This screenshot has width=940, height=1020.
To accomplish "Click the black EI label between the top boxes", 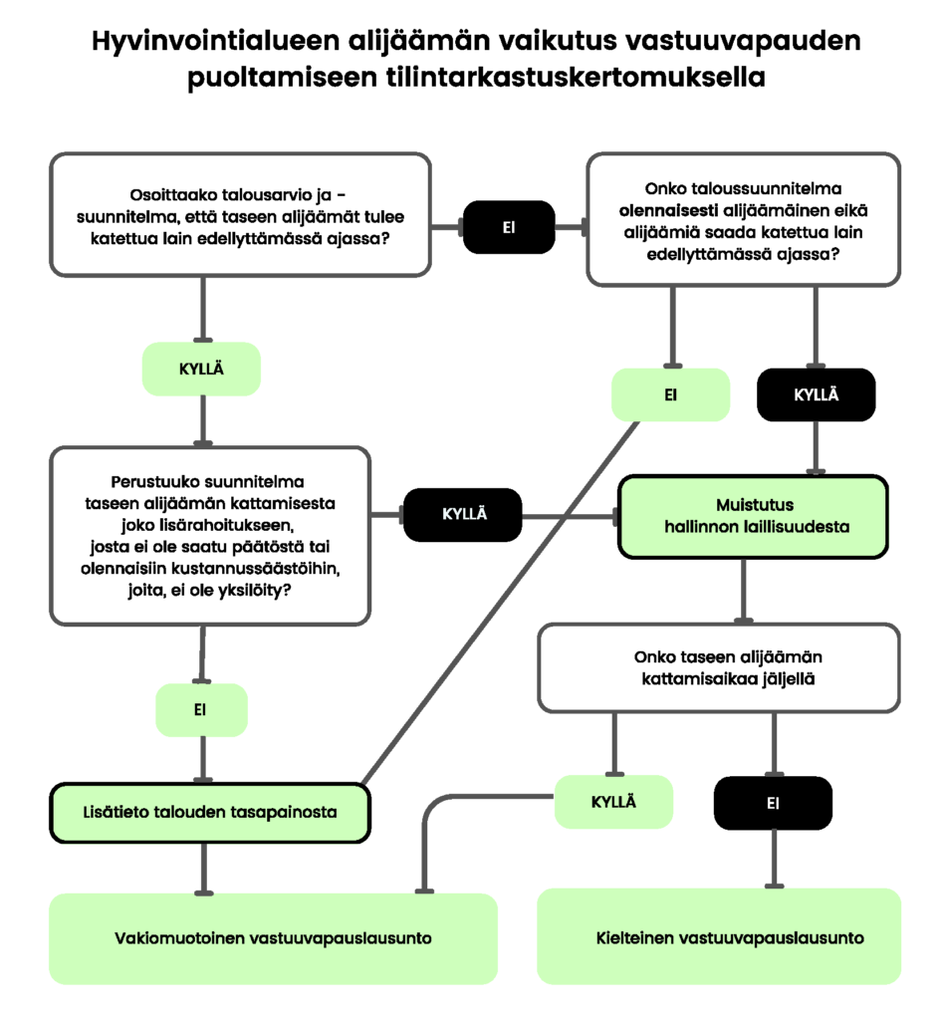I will pyautogui.click(x=508, y=227).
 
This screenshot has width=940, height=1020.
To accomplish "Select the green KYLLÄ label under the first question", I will pyautogui.click(x=201, y=369).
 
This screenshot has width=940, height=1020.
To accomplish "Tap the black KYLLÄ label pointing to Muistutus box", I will pyautogui.click(x=463, y=514).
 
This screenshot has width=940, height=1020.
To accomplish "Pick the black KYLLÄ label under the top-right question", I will pyautogui.click(x=816, y=394).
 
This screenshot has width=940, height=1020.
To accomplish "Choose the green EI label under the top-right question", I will pyautogui.click(x=670, y=394).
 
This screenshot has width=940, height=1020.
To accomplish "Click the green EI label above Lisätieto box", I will pyautogui.click(x=201, y=710).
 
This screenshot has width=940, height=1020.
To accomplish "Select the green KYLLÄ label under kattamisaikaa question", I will pyautogui.click(x=612, y=802).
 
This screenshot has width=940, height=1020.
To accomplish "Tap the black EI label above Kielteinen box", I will pyautogui.click(x=773, y=803).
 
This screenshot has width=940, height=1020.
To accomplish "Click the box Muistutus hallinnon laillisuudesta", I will pyautogui.click(x=752, y=516).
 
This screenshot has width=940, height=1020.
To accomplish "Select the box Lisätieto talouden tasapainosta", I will pyautogui.click(x=210, y=812).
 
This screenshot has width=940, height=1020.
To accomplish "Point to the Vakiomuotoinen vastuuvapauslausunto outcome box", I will pyautogui.click(x=272, y=938).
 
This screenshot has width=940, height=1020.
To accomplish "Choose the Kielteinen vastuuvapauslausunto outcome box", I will pyautogui.click(x=719, y=938).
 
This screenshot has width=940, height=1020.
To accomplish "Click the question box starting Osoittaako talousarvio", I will pyautogui.click(x=239, y=214).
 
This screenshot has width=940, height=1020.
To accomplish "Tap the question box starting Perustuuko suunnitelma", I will pyautogui.click(x=209, y=535).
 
